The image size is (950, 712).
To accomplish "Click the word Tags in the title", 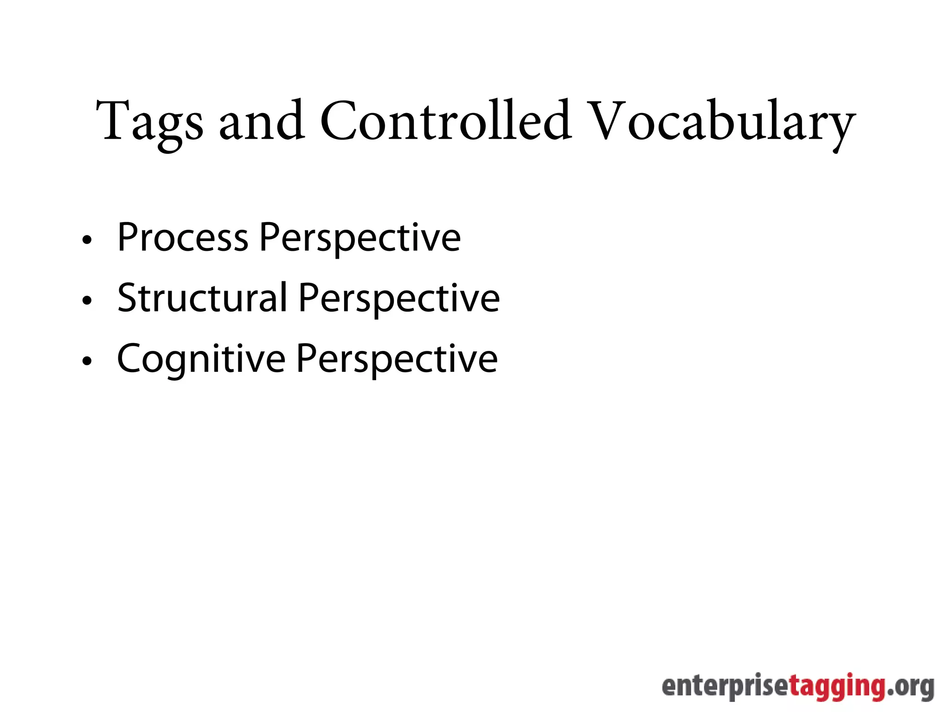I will (149, 121).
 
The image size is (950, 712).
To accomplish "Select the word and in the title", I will (262, 121).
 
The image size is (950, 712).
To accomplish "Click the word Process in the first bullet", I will (183, 237).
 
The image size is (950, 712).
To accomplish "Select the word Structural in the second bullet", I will (202, 298).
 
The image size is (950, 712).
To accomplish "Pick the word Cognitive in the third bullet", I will (201, 359).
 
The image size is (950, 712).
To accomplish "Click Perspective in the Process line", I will (360, 238).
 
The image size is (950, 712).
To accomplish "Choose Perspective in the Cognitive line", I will (397, 360).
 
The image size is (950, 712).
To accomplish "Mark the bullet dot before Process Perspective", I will (87, 240).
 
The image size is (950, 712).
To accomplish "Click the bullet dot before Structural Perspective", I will (87, 301).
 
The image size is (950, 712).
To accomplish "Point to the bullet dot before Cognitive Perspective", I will (87, 362).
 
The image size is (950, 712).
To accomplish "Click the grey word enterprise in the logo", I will (725, 686).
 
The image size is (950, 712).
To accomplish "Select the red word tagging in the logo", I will (837, 687).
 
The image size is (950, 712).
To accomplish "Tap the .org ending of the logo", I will (910, 686).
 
